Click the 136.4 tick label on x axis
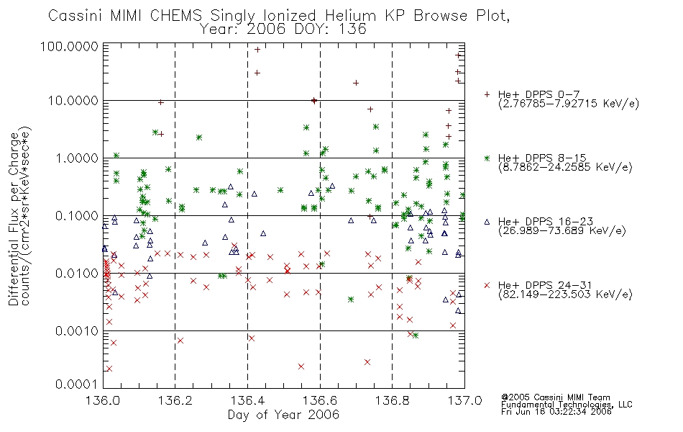tap(247, 400)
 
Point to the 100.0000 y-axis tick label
tap(69, 46)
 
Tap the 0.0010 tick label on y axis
tap(77, 331)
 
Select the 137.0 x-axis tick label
tap(464, 400)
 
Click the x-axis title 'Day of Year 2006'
tap(283, 415)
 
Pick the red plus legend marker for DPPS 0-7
tap(487, 94)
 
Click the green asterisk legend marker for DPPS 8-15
tap(487, 158)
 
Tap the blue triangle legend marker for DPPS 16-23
tap(487, 222)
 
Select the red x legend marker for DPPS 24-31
tap(487, 285)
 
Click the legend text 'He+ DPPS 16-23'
tap(546, 222)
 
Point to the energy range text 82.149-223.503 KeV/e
tap(565, 294)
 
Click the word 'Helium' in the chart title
tap(351, 16)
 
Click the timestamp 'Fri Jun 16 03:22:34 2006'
tap(556, 412)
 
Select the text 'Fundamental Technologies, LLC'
tap(567, 405)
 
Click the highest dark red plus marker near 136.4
tap(257, 50)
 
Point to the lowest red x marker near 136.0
tap(109, 369)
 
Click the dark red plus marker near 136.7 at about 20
tap(356, 83)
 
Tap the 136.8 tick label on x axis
tap(393, 400)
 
